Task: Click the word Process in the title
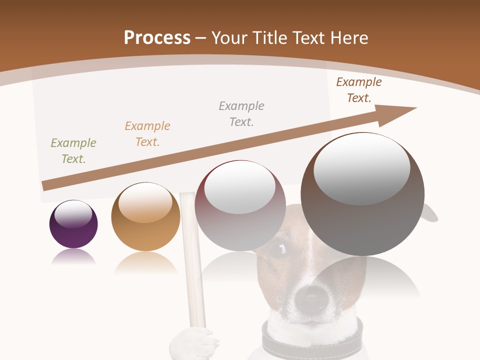pos(157,37)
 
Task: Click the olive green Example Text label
pos(73,151)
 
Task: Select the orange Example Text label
pos(147,134)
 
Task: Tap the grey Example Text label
pos(241,114)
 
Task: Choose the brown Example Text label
pos(359,90)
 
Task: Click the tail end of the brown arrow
pos(46,186)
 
